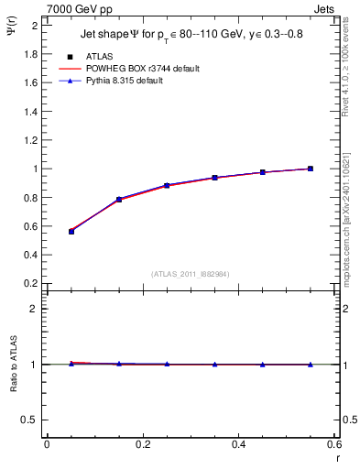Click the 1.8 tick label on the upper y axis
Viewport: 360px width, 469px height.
(29, 54)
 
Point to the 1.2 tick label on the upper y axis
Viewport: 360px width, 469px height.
(29, 140)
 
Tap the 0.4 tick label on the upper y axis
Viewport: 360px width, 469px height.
(29, 256)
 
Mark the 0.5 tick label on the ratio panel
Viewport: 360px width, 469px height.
(29, 420)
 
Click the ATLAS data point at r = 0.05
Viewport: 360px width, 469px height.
(71, 232)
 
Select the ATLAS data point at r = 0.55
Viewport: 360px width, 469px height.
(311, 169)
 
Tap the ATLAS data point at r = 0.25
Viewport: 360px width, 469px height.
(167, 185)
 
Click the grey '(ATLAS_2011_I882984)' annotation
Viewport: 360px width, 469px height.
(191, 273)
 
